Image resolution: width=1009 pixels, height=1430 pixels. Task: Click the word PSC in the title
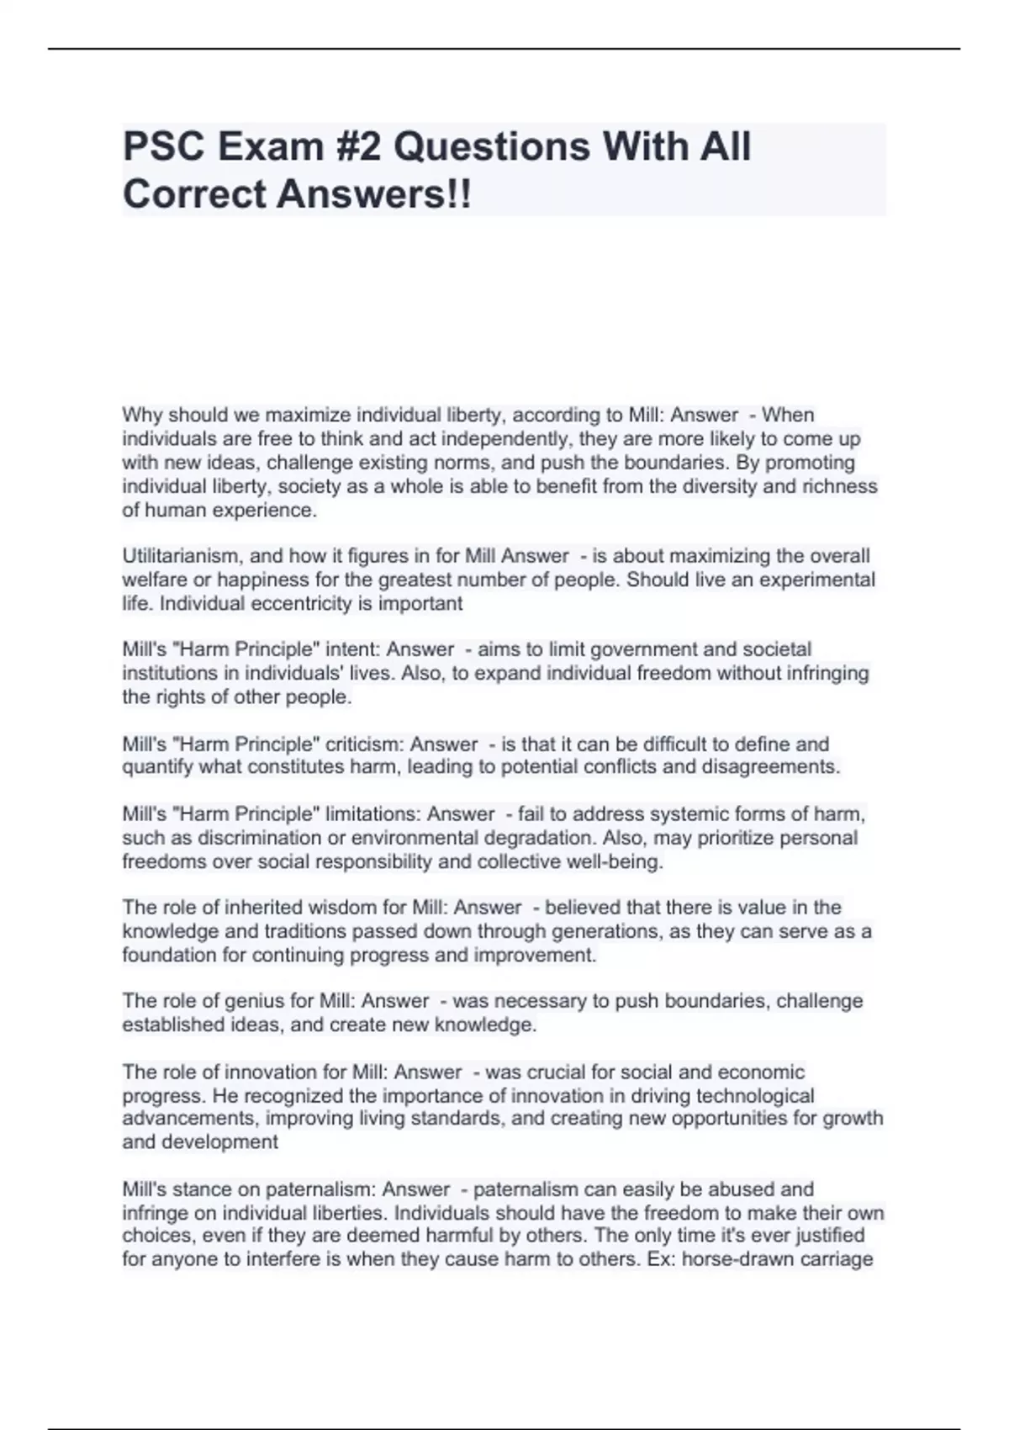165,146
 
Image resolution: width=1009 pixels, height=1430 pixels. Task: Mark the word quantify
158,767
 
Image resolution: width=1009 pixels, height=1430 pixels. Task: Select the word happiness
270,580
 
